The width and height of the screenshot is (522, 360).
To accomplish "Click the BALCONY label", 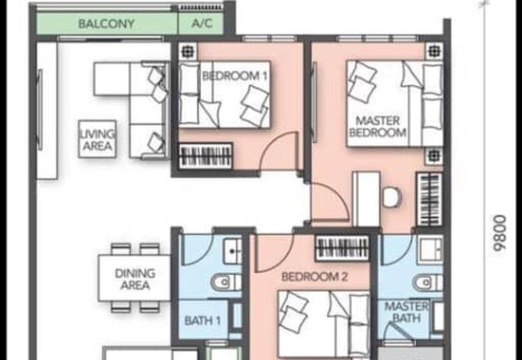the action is point(106,23).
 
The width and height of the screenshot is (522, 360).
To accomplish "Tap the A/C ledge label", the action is point(202,23).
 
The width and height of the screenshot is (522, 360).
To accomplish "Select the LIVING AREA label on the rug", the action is point(97,140).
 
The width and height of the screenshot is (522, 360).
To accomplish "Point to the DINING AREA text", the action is point(135,279).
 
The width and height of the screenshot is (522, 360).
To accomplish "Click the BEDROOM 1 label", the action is point(235,76).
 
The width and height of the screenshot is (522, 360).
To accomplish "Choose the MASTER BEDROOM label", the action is point(378,127).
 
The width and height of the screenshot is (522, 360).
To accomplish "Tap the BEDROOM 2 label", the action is point(315,277).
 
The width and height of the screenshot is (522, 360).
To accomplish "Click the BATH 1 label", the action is point(202,321).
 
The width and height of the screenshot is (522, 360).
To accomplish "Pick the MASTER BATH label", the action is point(407,312).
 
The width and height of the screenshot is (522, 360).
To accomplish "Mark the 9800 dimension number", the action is point(500,233).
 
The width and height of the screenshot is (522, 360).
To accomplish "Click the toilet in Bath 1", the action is point(226,282).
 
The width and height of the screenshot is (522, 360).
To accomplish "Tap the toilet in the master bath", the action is point(428,283).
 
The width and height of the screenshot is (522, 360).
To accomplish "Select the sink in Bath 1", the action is point(233,252).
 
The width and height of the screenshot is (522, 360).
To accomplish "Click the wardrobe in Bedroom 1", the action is point(206,156).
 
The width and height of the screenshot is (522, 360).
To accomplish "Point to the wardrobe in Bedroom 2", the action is point(342,248).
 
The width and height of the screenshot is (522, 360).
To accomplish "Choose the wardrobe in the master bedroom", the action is point(430,200).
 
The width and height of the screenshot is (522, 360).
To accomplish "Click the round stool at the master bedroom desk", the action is point(391,198).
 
